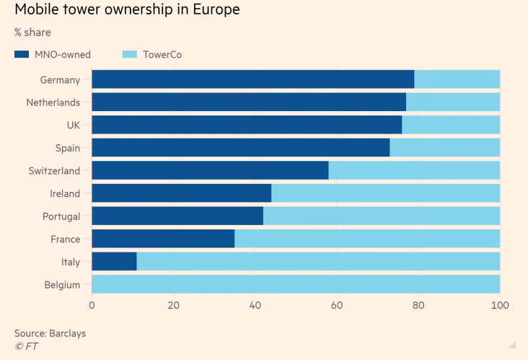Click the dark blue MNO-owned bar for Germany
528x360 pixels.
point(252,79)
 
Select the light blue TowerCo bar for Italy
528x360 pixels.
point(318,261)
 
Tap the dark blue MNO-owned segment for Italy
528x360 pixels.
point(114,261)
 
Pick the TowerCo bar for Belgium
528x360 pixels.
point(296,284)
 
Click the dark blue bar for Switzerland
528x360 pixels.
point(210,170)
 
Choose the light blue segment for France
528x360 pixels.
point(367,239)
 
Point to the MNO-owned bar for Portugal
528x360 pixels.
point(177,216)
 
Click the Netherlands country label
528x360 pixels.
point(53,102)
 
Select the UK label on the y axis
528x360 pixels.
point(73,125)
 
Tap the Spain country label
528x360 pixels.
point(67,148)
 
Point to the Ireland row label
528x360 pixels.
point(64,193)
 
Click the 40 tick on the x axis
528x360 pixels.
point(255,305)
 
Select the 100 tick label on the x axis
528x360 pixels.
point(499,305)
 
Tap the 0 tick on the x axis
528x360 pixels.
point(92,305)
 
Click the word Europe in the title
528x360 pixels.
point(210,10)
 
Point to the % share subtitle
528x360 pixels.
point(32,32)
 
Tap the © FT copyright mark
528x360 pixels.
point(26,346)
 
